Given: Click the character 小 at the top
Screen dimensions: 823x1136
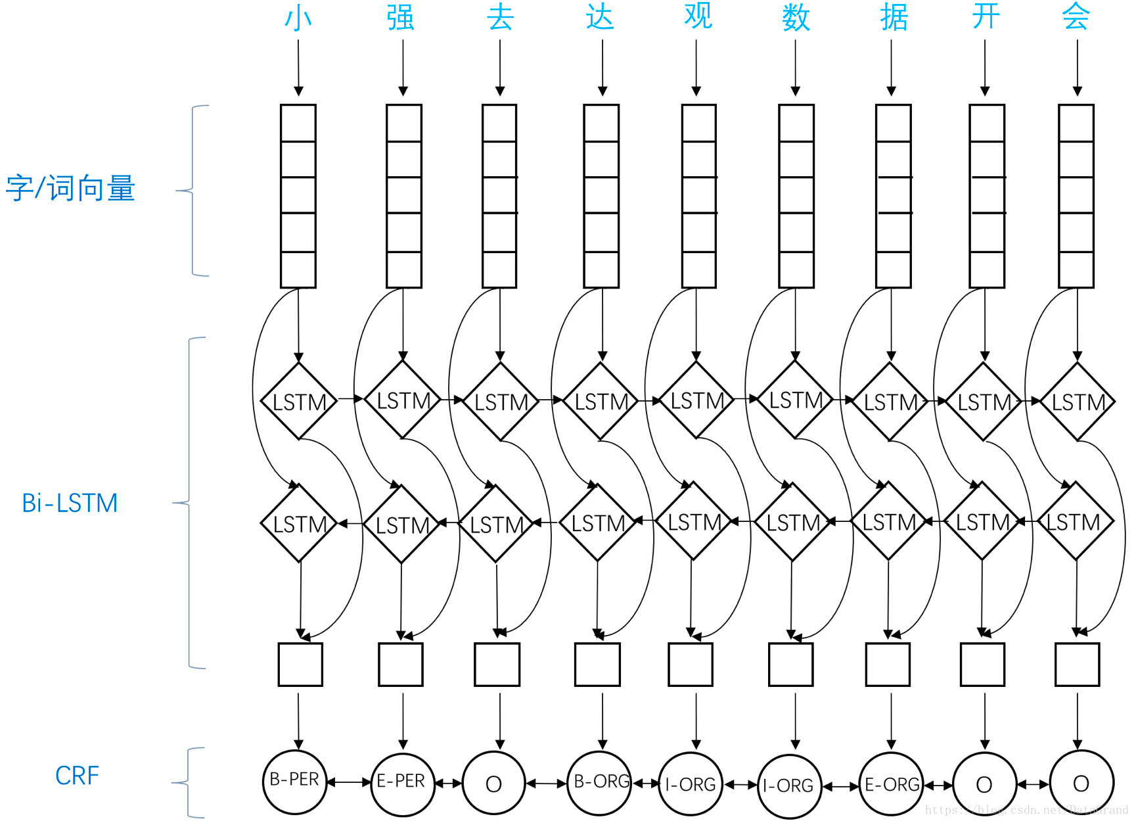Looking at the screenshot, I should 298,18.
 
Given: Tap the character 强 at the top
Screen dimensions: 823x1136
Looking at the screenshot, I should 400,18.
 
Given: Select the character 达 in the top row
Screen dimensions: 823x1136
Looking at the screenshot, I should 600,17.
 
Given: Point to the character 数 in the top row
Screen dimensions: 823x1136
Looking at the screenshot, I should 796,18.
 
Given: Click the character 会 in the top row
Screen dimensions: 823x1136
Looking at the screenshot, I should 1076,17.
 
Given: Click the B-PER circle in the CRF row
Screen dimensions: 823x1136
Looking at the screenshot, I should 295,781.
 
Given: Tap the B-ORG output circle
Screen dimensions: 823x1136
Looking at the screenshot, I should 599,782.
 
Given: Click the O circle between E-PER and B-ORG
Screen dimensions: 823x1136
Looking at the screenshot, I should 494,784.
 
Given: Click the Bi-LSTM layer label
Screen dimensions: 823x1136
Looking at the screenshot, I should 70,504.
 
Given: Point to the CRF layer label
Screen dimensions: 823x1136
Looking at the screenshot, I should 77,776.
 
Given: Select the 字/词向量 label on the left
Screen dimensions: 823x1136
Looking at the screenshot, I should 70,189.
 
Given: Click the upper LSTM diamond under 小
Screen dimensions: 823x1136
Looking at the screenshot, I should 299,401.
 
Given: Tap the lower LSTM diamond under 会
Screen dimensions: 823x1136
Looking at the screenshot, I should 1075,522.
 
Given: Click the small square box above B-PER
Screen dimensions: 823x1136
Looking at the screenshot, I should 300,665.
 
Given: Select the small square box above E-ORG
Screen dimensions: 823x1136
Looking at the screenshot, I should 888,665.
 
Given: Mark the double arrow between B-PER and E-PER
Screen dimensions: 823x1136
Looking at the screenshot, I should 349,782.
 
